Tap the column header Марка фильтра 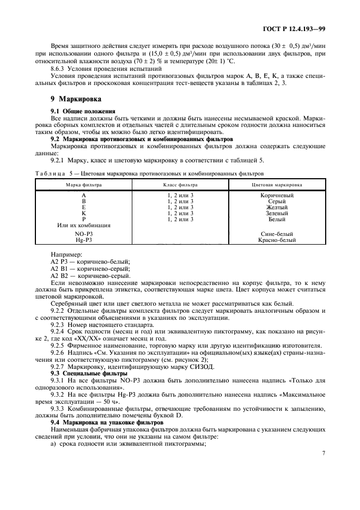click(83, 185)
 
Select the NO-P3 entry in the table click(83, 233)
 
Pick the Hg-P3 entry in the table click(83, 239)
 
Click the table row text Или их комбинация click(83, 225)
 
